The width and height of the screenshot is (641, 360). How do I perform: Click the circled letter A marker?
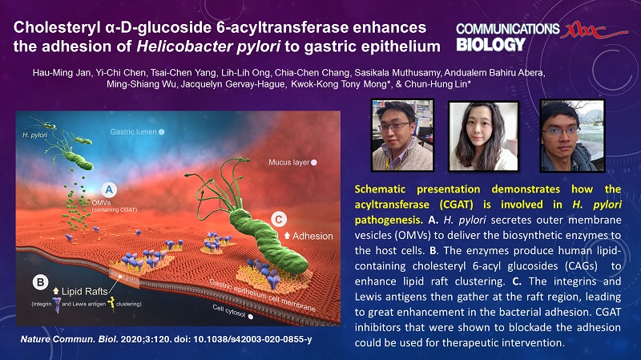[109, 190]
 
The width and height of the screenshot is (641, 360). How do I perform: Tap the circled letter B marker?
[40, 282]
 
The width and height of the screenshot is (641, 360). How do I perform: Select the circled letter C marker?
[279, 220]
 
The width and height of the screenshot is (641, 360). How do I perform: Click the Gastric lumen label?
[133, 132]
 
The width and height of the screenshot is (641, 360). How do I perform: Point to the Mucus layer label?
[289, 163]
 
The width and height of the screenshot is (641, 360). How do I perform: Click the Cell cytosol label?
[229, 311]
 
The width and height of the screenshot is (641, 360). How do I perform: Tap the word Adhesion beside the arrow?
[312, 236]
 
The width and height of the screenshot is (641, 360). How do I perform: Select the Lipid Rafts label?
[85, 292]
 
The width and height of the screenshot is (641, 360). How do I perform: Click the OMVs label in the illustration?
[102, 203]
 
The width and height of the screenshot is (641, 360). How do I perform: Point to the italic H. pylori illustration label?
[34, 135]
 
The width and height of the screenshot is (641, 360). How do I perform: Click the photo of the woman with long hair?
[483, 136]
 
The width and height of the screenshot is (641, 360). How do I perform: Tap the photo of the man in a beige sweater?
[403, 135]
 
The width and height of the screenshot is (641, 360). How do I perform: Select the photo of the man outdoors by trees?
[572, 136]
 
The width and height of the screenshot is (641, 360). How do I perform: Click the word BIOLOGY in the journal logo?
[490, 45]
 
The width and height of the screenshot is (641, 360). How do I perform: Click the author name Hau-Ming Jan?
[62, 73]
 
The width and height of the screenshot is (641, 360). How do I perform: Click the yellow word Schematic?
[380, 189]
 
